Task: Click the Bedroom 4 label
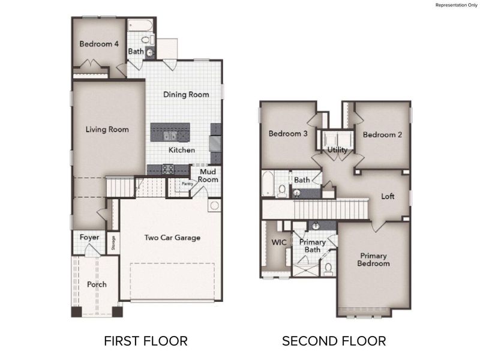pos(100,44)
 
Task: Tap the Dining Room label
pos(187,94)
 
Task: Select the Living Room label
pos(107,129)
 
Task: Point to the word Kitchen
pos(181,150)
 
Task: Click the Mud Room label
pos(208,175)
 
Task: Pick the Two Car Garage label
pos(172,238)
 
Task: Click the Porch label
pos(97,284)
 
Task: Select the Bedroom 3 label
pos(288,134)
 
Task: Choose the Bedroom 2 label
pos(383,134)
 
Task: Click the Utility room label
pos(337,149)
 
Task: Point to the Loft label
pos(388,196)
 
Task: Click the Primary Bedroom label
pos(373,259)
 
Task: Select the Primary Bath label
pos(313,245)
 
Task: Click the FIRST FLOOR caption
pos(146,341)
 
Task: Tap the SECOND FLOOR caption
pos(334,341)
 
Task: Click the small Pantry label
pos(187,185)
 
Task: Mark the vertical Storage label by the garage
pos(113,242)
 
